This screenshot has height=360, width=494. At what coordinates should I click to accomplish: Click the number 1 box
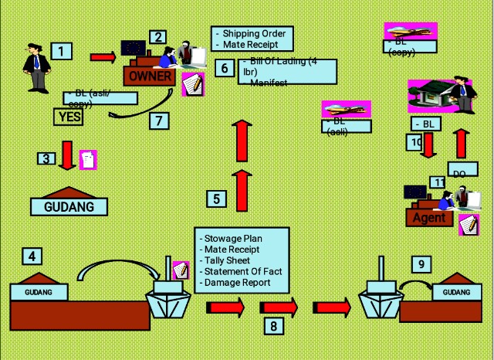[x=61, y=52]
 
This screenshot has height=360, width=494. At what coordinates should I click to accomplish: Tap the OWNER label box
[x=150, y=76]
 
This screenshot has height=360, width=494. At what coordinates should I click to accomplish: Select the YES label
[x=68, y=117]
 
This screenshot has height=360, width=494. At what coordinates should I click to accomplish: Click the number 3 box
[x=47, y=158]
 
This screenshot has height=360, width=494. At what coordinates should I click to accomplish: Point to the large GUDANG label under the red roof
[x=69, y=206]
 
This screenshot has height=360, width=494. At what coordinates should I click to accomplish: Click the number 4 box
[x=32, y=256]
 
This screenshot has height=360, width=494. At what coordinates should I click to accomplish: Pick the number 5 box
[x=217, y=199]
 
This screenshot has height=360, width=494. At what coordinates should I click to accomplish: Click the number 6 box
[x=224, y=68]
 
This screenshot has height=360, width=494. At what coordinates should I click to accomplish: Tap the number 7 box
[x=160, y=121]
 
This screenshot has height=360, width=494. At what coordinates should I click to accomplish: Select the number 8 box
[x=273, y=326]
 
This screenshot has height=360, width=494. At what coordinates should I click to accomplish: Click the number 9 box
[x=421, y=265]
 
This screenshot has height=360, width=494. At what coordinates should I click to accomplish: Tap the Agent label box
[x=429, y=218]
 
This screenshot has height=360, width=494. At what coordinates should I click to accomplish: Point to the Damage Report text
[x=237, y=283]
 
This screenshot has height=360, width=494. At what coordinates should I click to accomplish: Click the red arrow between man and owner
[x=103, y=57]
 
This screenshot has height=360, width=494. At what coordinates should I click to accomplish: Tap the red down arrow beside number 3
[x=67, y=155]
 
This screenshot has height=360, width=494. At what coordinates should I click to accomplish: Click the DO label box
[x=460, y=172]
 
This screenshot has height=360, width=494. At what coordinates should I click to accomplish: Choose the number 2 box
[x=157, y=37]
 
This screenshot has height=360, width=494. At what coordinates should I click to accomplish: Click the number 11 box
[x=438, y=182]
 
